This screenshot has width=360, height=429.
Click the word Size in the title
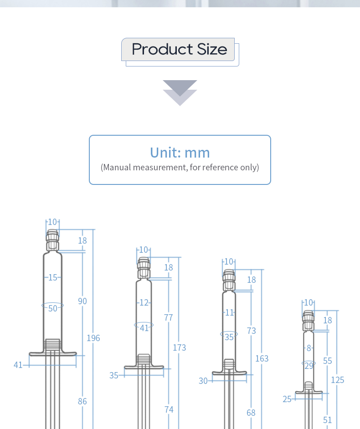pos(212,49)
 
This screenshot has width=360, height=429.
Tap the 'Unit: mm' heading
pos(180,153)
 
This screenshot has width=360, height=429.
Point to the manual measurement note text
pos(180,167)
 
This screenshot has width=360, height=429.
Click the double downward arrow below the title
pos(180,93)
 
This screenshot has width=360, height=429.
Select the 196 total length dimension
pos(93,338)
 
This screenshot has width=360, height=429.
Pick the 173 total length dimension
pos(179,348)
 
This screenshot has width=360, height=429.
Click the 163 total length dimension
pos(262,359)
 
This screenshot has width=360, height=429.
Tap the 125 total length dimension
pos(338,380)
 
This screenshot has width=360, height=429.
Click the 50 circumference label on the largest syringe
pos(53,309)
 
